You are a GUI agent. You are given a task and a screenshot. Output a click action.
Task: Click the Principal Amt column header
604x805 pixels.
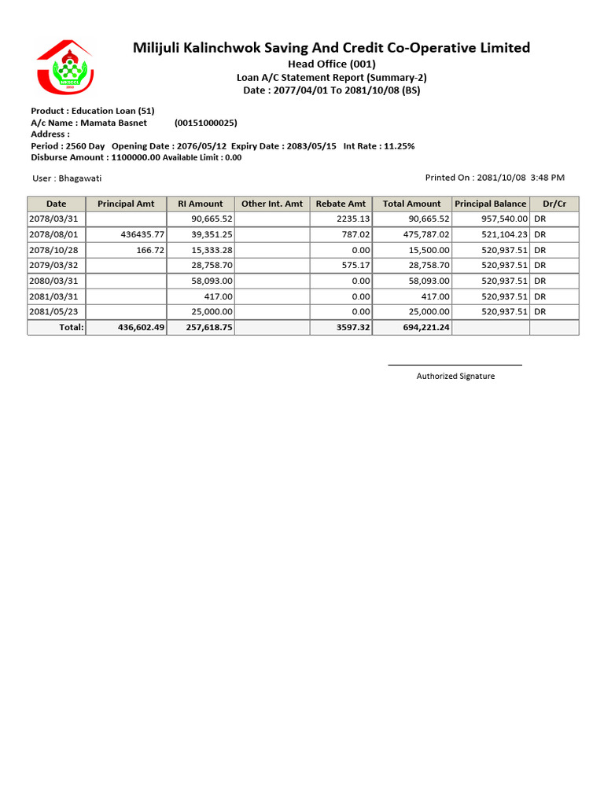pyautogui.click(x=126, y=204)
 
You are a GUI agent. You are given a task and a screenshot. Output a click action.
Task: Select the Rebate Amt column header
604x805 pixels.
pyautogui.click(x=341, y=204)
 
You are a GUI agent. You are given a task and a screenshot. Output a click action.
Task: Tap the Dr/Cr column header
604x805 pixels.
pyautogui.click(x=554, y=204)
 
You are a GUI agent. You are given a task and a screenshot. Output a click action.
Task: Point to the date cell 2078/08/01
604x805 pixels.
pyautogui.click(x=53, y=234)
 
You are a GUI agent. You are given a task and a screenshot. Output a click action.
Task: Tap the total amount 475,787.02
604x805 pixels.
pyautogui.click(x=425, y=234)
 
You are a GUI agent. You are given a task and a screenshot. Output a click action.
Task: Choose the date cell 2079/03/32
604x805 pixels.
pyautogui.click(x=53, y=265)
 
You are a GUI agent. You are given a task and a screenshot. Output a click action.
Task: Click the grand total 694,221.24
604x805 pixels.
pyautogui.click(x=425, y=327)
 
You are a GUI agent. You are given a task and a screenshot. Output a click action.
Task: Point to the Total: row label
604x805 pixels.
pyautogui.click(x=72, y=327)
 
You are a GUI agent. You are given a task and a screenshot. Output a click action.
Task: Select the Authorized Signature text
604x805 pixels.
pyautogui.click(x=455, y=376)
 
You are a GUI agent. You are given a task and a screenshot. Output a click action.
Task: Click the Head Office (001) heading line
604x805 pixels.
pyautogui.click(x=331, y=64)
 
